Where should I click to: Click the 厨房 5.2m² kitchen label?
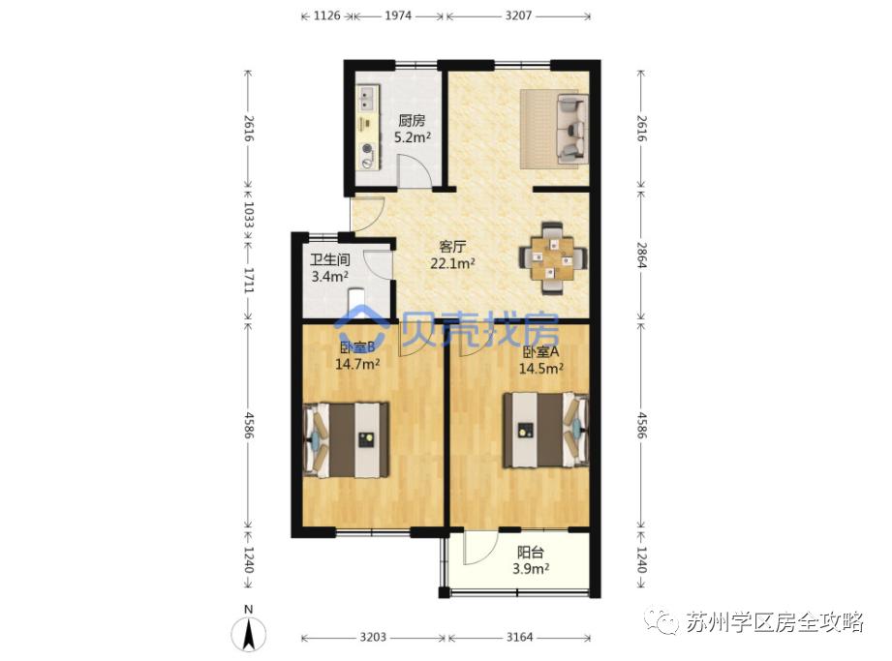[413, 130]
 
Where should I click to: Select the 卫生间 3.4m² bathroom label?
[329, 268]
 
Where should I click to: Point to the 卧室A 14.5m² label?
[542, 360]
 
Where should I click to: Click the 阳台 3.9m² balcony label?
[530, 561]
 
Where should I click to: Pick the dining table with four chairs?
[552, 256]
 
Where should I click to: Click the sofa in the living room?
[553, 127]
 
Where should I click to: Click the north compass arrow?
[249, 635]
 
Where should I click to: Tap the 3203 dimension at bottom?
[374, 638]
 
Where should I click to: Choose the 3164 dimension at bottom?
[520, 638]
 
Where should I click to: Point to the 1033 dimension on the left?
[249, 213]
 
